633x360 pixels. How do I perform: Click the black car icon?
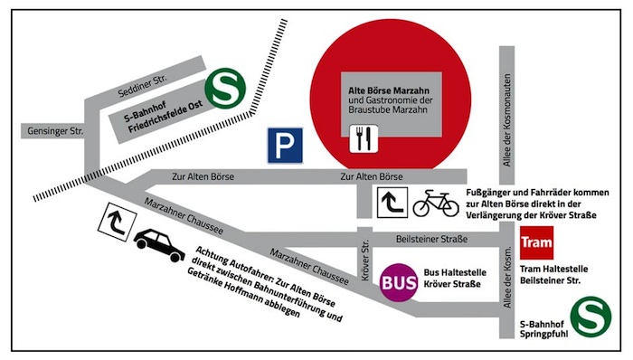[159, 244]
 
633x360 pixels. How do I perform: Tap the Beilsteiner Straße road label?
[432, 239]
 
